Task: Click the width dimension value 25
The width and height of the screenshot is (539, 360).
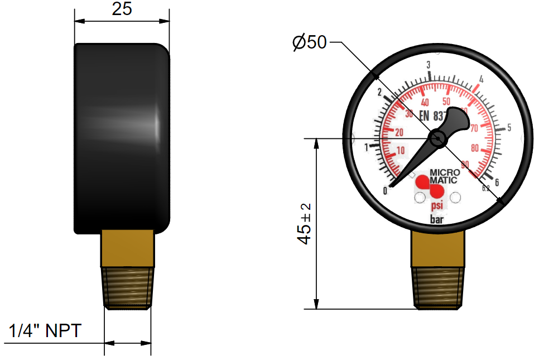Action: [x=122, y=9]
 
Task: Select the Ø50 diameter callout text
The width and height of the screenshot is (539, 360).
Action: [x=309, y=42]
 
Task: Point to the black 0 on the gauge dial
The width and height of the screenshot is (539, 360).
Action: [x=386, y=191]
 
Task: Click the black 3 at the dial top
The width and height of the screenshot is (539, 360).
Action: [x=428, y=65]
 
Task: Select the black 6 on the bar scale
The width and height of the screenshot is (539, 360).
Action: [x=496, y=181]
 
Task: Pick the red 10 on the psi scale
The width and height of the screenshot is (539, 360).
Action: [x=400, y=151]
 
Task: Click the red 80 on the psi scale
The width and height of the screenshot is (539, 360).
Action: [x=476, y=148]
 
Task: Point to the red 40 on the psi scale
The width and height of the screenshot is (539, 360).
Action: [x=425, y=103]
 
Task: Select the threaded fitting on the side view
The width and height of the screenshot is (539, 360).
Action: [x=128, y=287]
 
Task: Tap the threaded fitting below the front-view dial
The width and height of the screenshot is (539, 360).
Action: [x=439, y=287]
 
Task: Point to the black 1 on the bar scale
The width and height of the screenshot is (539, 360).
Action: [x=367, y=148]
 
